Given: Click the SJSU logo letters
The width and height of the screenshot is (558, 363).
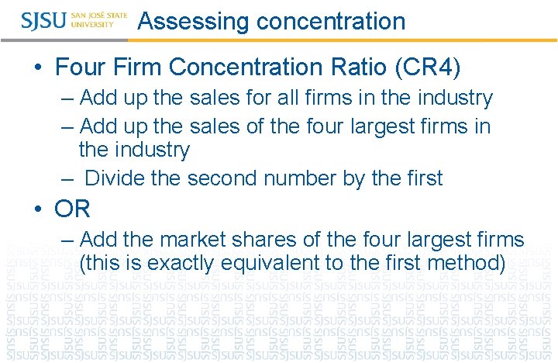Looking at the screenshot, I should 44,20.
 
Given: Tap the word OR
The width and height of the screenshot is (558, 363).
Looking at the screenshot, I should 73,208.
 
